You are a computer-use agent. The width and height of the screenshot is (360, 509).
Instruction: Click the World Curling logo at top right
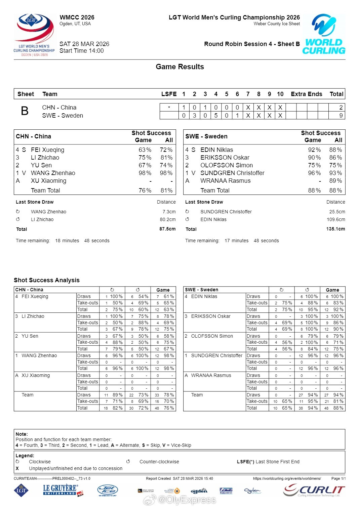[x=324, y=34]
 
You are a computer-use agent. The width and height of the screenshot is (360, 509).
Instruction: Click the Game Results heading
[x=180, y=67]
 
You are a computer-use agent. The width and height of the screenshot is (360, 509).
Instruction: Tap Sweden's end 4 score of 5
[x=216, y=116]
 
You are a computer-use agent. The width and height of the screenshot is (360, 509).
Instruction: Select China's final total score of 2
[x=341, y=108]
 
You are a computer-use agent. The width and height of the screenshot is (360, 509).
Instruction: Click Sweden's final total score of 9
[x=341, y=116]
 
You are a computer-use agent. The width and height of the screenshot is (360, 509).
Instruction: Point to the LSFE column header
[x=169, y=94]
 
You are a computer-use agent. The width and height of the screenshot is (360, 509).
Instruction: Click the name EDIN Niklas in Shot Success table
[x=216, y=150]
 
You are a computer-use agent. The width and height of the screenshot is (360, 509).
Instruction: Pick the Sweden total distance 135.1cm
[x=335, y=229]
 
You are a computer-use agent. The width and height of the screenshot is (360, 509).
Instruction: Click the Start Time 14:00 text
[x=82, y=51]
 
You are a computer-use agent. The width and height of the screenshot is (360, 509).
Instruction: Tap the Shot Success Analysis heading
[x=47, y=280]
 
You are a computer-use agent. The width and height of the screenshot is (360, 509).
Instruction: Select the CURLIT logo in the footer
[x=314, y=491]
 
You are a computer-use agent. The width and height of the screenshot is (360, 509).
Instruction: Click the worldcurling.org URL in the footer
[x=287, y=478]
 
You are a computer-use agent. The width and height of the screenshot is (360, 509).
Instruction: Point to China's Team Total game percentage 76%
[x=145, y=190]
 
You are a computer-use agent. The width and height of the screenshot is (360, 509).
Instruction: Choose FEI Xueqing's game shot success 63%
[x=145, y=150]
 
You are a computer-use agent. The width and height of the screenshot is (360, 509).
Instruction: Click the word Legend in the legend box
[x=25, y=456]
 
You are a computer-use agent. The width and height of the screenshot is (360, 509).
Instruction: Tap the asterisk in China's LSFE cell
[x=169, y=108]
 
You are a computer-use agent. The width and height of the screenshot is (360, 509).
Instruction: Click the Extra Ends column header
[x=306, y=94]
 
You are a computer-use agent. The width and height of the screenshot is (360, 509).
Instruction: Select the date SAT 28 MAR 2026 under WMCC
[x=84, y=44]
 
